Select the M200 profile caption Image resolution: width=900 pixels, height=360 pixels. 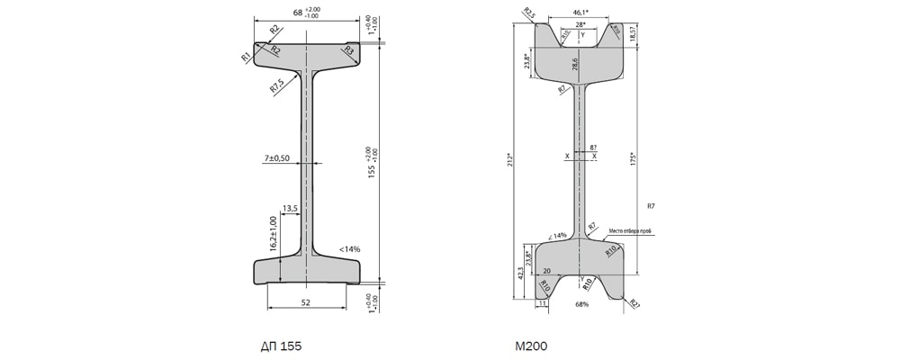pos(531,345)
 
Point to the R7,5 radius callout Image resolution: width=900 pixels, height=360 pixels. pos(277,86)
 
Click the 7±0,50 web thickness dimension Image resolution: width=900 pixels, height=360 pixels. pos(276,158)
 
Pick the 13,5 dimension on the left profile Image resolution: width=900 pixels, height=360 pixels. pos(290,208)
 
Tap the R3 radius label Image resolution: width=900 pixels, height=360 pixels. pos(347,51)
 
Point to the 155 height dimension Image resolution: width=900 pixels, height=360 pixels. pos(372,162)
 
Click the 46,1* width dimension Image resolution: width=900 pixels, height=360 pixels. pos(582,13)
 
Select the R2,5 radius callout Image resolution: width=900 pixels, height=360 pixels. pos(528,13)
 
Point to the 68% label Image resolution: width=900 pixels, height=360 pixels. pos(581,305)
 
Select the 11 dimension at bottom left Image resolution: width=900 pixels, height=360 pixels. pos(542,304)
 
